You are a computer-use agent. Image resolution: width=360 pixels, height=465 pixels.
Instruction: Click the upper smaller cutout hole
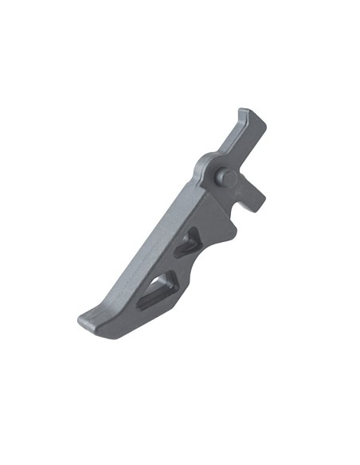pos(189,242)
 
